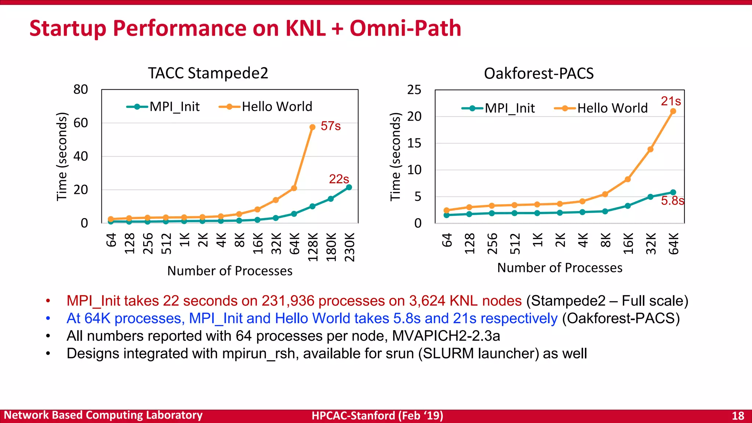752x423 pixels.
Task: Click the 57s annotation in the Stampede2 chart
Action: (330, 126)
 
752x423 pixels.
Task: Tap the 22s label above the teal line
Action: (339, 179)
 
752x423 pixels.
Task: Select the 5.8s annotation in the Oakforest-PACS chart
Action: (672, 200)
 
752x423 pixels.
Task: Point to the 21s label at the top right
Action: (671, 101)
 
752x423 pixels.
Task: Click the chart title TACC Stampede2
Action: (208, 73)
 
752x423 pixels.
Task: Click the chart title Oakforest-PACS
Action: (539, 73)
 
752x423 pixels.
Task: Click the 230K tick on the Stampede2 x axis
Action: (350, 247)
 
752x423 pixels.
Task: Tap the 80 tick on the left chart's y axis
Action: (81, 89)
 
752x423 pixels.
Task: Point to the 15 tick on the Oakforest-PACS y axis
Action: (414, 143)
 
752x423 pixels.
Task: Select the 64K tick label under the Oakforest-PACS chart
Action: (673, 243)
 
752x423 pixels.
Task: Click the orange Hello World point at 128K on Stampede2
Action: (312, 127)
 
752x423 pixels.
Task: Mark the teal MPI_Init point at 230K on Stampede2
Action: (349, 187)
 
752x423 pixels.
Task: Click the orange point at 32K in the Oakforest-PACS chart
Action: (650, 149)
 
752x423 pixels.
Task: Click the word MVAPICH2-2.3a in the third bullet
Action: (446, 336)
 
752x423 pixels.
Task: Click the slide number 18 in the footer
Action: (738, 416)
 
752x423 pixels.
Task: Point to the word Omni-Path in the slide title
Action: (405, 28)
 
